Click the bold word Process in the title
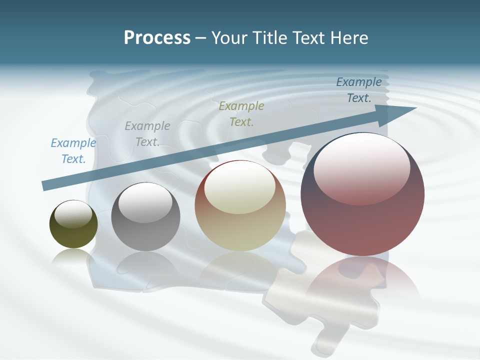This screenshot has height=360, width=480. click(x=157, y=38)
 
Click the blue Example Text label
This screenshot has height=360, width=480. click(x=73, y=151)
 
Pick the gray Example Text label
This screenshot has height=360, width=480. click(x=147, y=134)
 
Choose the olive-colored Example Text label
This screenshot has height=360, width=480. click(x=241, y=113)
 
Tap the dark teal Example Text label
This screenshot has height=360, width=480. click(x=359, y=90)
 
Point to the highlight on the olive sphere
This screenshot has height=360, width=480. click(x=73, y=214)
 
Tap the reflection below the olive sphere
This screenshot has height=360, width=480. click(x=73, y=256)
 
